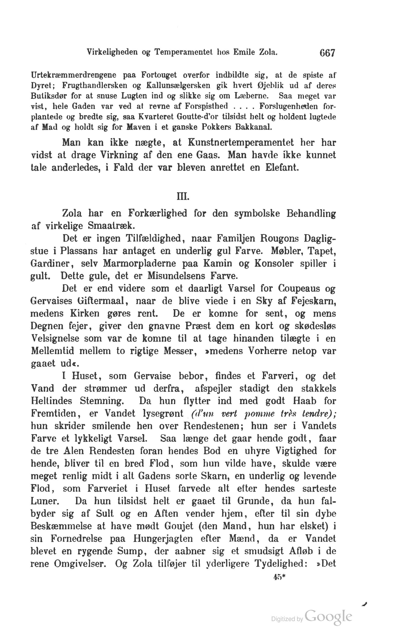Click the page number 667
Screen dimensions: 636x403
click(x=327, y=53)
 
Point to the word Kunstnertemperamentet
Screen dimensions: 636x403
click(x=241, y=143)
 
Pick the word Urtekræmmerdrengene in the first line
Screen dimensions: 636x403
click(x=73, y=75)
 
